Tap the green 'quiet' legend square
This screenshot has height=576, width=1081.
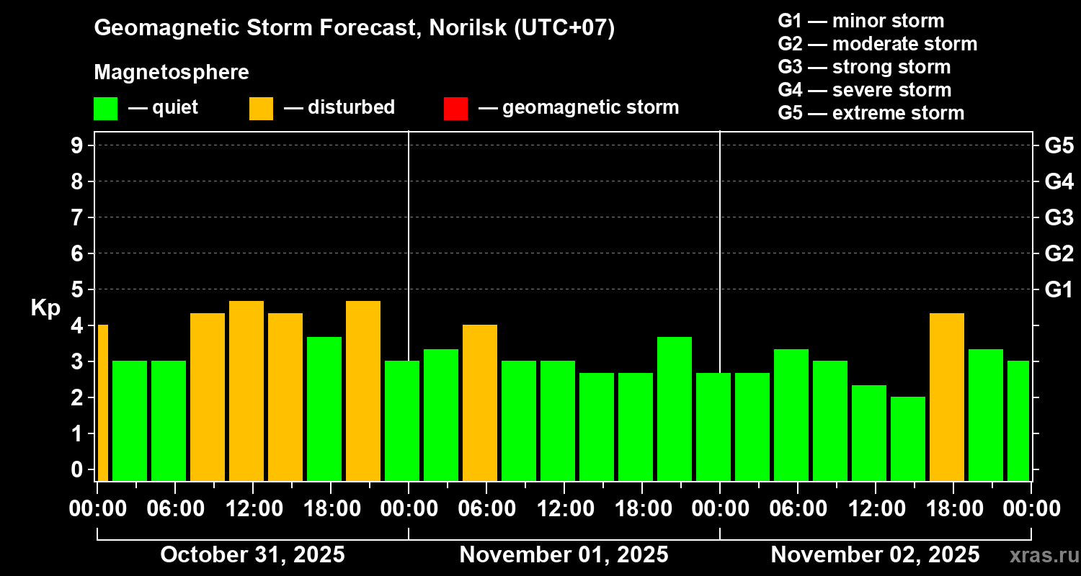(105, 108)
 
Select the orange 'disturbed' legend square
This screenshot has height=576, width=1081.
(261, 108)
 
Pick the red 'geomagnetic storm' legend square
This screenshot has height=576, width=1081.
(455, 108)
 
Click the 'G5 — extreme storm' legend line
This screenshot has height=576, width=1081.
(871, 113)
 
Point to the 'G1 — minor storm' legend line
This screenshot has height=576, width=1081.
(860, 21)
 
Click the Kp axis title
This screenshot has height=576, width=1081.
(45, 308)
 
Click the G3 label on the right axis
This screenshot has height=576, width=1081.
(1059, 217)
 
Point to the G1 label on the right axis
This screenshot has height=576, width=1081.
(1059, 289)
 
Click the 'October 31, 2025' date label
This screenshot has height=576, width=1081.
(252, 555)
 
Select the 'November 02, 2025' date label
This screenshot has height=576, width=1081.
(875, 555)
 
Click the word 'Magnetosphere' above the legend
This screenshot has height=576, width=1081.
(172, 73)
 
